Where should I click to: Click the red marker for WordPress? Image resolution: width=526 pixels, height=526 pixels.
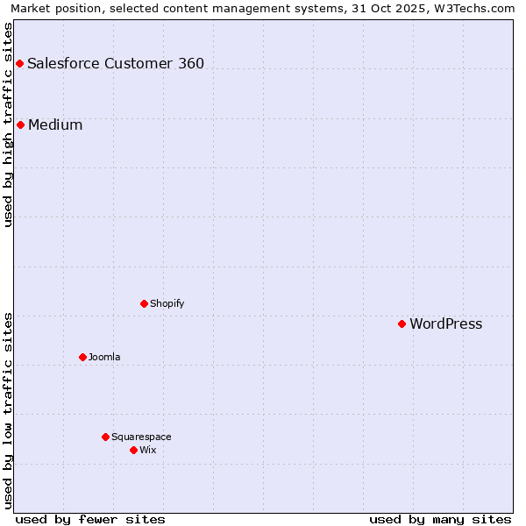tap(402, 323)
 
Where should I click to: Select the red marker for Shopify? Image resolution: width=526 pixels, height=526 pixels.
tap(144, 303)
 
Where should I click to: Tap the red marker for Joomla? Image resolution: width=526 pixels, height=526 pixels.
tap(82, 357)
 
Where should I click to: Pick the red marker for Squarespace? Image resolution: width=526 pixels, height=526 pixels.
tap(105, 437)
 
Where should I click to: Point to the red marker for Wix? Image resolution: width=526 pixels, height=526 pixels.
tap(133, 450)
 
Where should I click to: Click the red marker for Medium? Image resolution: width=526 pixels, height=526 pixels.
tap(20, 124)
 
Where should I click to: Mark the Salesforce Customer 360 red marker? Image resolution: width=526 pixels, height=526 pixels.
tap(19, 63)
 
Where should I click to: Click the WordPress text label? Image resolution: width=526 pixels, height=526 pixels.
tap(445, 324)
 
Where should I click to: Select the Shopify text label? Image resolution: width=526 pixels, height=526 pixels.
tap(167, 304)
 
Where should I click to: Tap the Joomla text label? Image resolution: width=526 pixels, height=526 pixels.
tap(104, 358)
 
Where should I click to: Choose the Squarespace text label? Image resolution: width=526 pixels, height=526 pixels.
tap(141, 437)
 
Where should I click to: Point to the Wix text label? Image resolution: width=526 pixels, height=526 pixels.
tap(147, 451)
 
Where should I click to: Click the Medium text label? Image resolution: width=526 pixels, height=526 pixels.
tap(55, 125)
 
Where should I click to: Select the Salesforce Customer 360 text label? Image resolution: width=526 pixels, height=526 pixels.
tap(116, 64)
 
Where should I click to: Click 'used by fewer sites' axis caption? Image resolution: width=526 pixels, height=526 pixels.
tap(90, 519)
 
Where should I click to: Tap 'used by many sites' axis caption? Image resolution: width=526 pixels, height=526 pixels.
tap(440, 519)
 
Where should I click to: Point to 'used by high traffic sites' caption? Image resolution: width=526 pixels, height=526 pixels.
tap(9, 124)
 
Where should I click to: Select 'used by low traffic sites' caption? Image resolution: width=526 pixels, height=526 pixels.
tap(9, 410)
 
